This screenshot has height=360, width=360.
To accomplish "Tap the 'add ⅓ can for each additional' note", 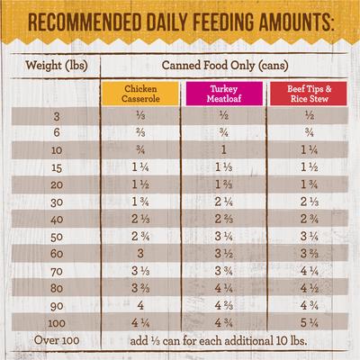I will (221, 341).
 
